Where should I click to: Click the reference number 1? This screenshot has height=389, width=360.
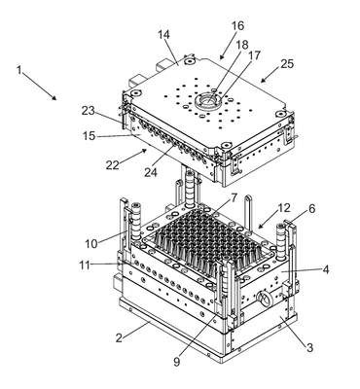(x=19, y=70)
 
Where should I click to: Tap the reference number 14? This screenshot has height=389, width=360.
(x=163, y=35)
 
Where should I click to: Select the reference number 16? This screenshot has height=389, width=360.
(x=237, y=26)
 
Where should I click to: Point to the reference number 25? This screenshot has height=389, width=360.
(x=287, y=63)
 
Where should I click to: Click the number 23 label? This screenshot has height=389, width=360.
(x=88, y=111)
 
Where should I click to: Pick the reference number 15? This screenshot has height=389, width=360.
(x=89, y=136)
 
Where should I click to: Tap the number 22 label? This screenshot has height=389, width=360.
(x=112, y=165)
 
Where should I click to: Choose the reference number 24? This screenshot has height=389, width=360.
(x=151, y=172)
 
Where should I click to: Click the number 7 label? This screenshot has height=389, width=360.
(x=234, y=197)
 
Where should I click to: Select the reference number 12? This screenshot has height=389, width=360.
(x=284, y=208)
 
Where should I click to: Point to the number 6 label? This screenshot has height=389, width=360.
(x=311, y=209)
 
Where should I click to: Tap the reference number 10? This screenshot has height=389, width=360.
(x=91, y=243)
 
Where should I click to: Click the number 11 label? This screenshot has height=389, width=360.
(x=85, y=265)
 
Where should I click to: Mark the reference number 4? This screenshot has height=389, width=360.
(x=325, y=269)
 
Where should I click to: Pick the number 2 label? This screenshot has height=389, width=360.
(x=119, y=338)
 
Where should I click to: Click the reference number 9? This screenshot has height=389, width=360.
(x=177, y=362)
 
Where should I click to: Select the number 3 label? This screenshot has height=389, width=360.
(x=309, y=348)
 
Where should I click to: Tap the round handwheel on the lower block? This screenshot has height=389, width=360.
(x=265, y=299)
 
